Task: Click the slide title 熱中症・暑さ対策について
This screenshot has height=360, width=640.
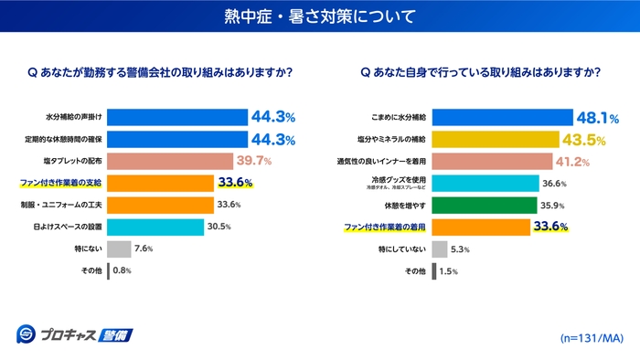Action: (319, 16)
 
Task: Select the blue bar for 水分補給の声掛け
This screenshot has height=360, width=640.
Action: (177, 117)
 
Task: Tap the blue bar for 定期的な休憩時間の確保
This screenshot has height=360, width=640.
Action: (177, 140)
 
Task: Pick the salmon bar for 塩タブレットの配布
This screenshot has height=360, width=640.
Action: (170, 162)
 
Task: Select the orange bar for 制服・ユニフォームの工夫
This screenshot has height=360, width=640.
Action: (160, 205)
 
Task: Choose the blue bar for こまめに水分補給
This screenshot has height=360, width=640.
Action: (502, 117)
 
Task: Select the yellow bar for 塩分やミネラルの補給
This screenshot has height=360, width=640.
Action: (495, 140)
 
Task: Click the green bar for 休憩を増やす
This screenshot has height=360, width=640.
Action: (483, 205)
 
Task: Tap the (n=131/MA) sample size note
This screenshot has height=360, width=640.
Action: (591, 337)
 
